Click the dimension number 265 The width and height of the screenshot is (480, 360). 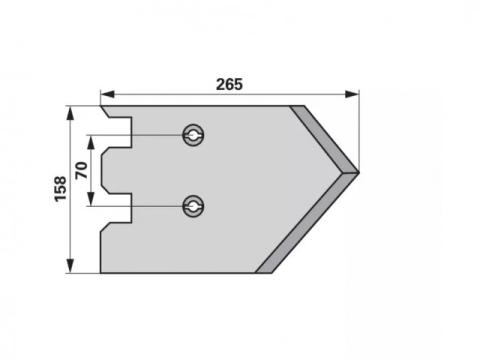(x=229, y=84)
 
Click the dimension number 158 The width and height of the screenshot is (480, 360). (x=61, y=189)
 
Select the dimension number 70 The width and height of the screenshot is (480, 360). (x=81, y=170)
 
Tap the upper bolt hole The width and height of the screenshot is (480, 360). (x=193, y=135)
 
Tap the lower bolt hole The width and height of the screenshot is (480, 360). (x=193, y=207)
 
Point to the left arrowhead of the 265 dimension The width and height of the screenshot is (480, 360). (x=107, y=94)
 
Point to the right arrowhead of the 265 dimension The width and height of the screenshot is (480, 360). (x=352, y=94)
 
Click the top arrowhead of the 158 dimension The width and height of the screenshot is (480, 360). (x=70, y=113)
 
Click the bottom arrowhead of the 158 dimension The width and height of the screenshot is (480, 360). (x=70, y=266)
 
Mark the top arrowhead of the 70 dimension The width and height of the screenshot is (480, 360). (x=91, y=142)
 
